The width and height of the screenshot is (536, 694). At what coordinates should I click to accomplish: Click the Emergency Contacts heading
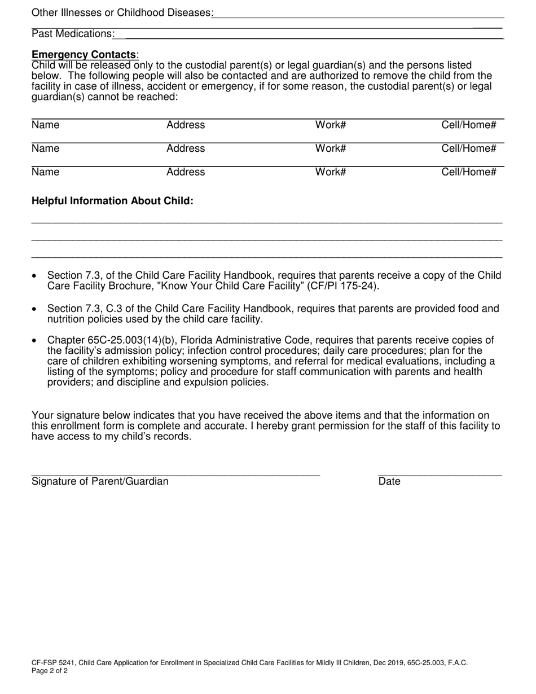pyautogui.click(x=84, y=55)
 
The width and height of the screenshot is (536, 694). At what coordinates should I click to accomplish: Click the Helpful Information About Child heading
pyautogui.click(x=112, y=201)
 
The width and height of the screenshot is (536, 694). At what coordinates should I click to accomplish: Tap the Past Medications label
pyautogui.click(x=72, y=34)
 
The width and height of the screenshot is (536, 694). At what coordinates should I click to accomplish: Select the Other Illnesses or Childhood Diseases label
pyautogui.click(x=121, y=12)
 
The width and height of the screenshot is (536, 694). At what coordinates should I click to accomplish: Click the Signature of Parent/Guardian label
pyautogui.click(x=100, y=481)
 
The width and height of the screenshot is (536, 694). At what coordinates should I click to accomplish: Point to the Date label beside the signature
pyautogui.click(x=389, y=481)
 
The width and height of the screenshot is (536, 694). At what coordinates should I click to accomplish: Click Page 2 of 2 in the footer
pyautogui.click(x=50, y=671)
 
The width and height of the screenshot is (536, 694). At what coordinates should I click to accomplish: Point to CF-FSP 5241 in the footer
pyautogui.click(x=53, y=663)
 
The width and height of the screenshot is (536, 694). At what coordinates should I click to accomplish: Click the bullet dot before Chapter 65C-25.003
pyautogui.click(x=35, y=340)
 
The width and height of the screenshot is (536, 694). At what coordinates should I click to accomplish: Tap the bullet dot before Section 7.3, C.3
pyautogui.click(x=35, y=309)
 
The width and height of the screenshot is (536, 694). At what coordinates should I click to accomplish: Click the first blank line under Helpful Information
pyautogui.click(x=266, y=223)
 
